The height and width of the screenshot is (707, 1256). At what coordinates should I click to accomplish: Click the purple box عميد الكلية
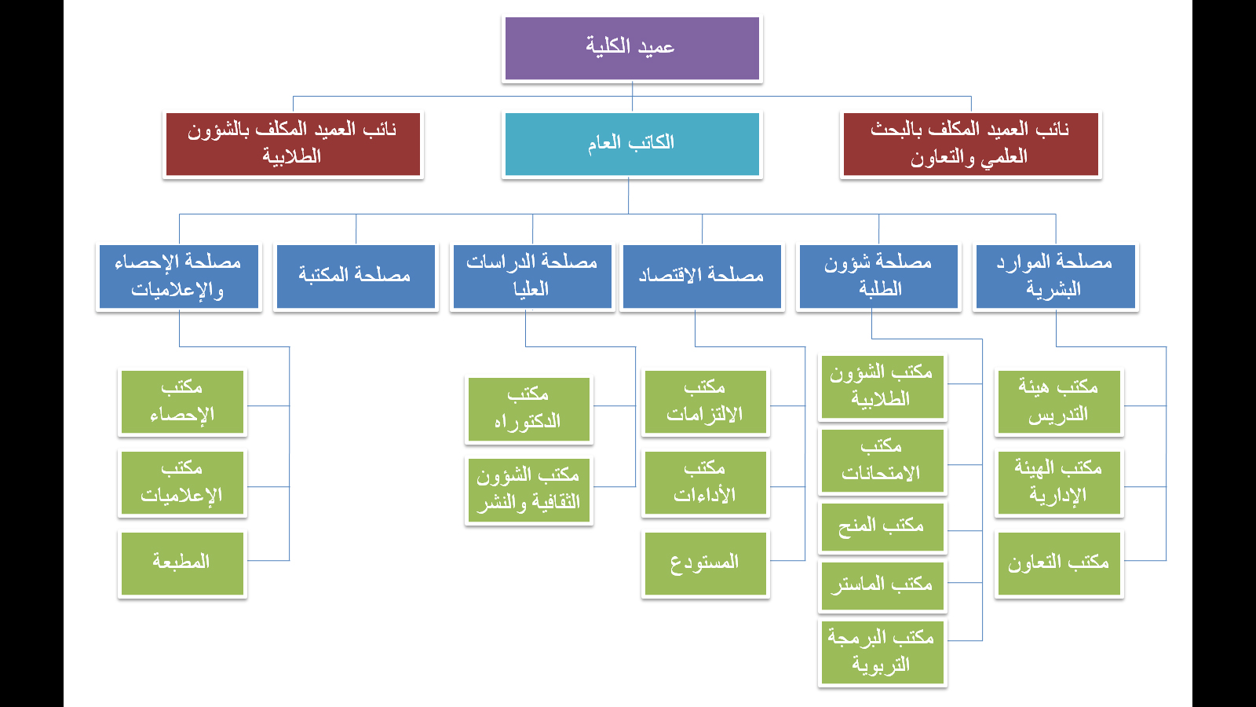point(632,48)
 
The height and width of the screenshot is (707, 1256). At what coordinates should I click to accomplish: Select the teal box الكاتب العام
point(632,145)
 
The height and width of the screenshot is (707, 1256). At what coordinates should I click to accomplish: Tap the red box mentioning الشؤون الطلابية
point(293,145)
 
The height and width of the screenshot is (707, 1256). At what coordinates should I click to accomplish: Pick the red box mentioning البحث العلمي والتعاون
point(970,145)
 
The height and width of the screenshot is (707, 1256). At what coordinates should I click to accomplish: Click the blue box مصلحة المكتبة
point(356,276)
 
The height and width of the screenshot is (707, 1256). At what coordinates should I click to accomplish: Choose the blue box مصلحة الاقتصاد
point(702,276)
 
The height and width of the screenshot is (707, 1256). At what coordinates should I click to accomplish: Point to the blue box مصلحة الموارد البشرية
point(1055,276)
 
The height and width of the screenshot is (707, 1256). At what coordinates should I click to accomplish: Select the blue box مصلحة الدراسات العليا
point(532,276)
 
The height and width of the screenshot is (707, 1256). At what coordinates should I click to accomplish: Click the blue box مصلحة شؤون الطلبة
point(878,276)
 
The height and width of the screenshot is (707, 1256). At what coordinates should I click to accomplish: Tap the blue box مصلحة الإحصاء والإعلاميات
point(179,276)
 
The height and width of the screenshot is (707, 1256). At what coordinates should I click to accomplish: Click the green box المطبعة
point(182,563)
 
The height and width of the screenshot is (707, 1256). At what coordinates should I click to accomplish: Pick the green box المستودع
point(706,563)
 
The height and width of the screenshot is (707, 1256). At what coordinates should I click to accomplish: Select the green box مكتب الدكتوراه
point(529,409)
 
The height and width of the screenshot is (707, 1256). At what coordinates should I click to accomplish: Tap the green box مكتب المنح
point(882,527)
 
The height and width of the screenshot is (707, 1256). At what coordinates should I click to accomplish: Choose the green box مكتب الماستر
point(882,586)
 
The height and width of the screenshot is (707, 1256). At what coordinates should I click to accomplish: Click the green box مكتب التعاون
point(1059,563)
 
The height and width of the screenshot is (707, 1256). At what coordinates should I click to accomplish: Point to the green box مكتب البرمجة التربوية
point(882,652)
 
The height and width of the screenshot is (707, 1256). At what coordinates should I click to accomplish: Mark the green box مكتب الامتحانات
point(882,460)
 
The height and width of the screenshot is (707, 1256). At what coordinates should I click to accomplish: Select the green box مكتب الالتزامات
point(706,401)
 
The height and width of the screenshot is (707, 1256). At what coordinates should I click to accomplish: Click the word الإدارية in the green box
point(1057,496)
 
